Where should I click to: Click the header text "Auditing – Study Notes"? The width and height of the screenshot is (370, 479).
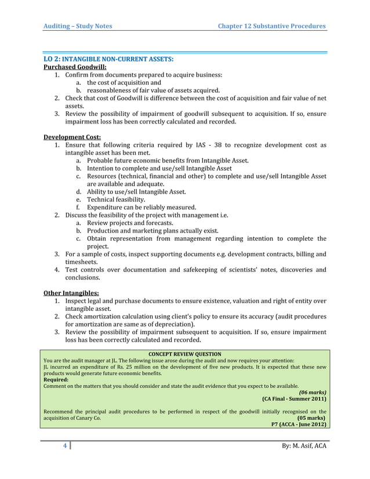78,26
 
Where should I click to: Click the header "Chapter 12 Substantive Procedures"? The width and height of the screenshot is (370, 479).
271,26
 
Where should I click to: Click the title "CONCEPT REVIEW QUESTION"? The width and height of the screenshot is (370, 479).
184,353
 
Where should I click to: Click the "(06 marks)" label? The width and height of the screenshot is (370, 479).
311,392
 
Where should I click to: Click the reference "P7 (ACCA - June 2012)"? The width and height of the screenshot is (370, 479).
298,424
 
